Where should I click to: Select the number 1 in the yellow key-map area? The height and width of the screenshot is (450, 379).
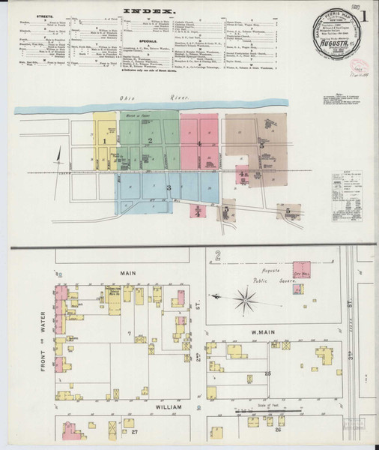pyautogui.click(x=106, y=140)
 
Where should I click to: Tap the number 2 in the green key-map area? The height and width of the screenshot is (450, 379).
pyautogui.click(x=151, y=140)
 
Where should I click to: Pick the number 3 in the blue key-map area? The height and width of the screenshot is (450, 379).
pyautogui.click(x=169, y=187)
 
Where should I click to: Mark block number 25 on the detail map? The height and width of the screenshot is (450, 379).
pyautogui.click(x=267, y=373)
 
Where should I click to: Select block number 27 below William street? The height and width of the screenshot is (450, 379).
pyautogui.click(x=135, y=433)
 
